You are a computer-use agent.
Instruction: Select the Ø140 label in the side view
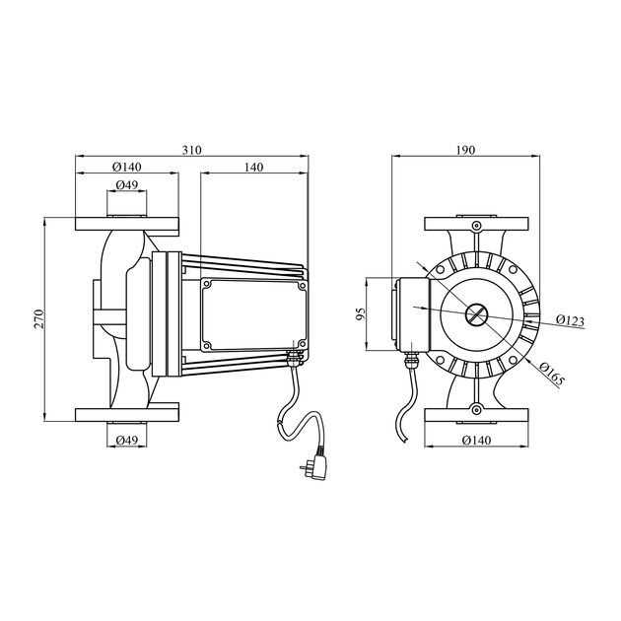(127, 167)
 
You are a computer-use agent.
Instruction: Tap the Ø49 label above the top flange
(126, 185)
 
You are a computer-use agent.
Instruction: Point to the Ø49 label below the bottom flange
(126, 439)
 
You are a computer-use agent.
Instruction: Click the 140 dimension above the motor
(253, 168)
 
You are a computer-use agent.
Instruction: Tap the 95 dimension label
(362, 313)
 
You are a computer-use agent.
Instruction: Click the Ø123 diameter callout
(570, 321)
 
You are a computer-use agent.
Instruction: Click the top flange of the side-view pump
(127, 225)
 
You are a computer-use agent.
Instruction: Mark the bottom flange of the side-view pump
(127, 412)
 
